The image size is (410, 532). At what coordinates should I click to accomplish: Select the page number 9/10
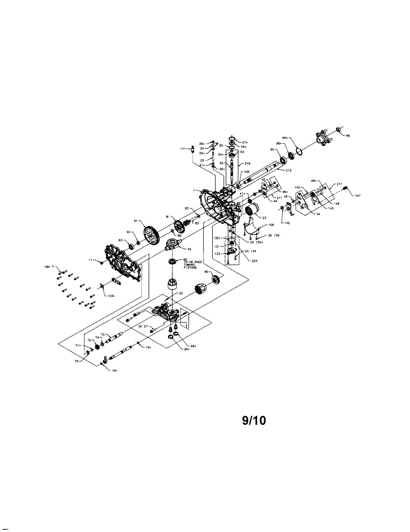coord(254,420)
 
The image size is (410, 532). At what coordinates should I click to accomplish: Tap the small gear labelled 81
coord(180,227)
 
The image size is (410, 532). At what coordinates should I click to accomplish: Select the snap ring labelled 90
coord(300,152)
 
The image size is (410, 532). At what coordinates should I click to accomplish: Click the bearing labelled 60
coord(217,280)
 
